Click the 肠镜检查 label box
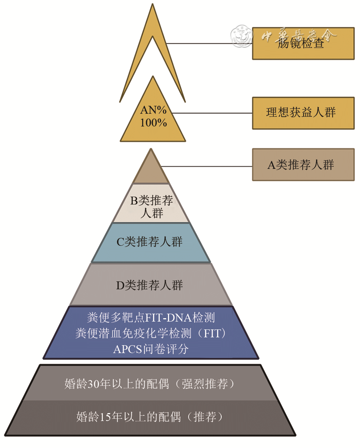coord(303,44)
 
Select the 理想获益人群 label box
coord(303,113)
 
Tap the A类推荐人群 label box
coord(303,165)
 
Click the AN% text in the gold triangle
coord(153,110)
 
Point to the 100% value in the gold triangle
coord(153,122)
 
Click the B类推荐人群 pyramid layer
coord(151,207)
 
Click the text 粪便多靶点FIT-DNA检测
coord(151,318)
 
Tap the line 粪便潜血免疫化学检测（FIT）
coord(151,333)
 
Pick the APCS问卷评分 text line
coord(151,349)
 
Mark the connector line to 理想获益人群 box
coord(212,113)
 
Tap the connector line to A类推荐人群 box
coord(206,166)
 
